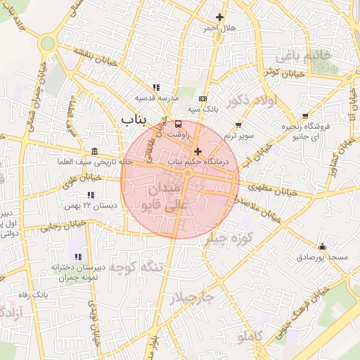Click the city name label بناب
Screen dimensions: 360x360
click(136, 119)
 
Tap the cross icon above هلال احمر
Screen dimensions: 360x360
click(219, 17)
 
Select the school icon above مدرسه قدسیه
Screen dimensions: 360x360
click(155, 87)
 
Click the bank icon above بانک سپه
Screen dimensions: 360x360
click(203, 98)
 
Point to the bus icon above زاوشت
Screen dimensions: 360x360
click(176, 124)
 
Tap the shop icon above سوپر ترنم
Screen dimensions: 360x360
click(238, 124)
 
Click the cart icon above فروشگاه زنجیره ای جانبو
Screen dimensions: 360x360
click(304, 117)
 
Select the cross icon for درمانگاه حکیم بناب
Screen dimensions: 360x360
click(198, 151)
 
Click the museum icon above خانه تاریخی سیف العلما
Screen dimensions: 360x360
click(95, 152)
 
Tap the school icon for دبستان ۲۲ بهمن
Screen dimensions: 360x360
click(90, 195)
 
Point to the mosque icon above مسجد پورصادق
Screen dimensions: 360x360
click(322, 247)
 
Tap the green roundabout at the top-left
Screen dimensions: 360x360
click(47, 44)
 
